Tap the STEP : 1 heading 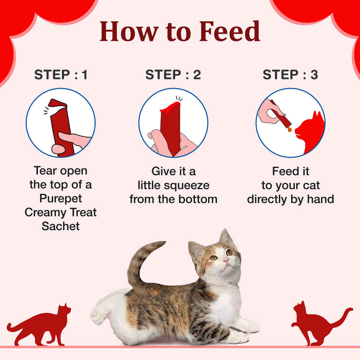[61, 75]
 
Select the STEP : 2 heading [173, 75]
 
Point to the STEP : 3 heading [290, 75]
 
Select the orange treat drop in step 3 [290, 129]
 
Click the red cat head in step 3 [310, 126]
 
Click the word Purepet [61, 198]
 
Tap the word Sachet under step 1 [61, 226]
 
